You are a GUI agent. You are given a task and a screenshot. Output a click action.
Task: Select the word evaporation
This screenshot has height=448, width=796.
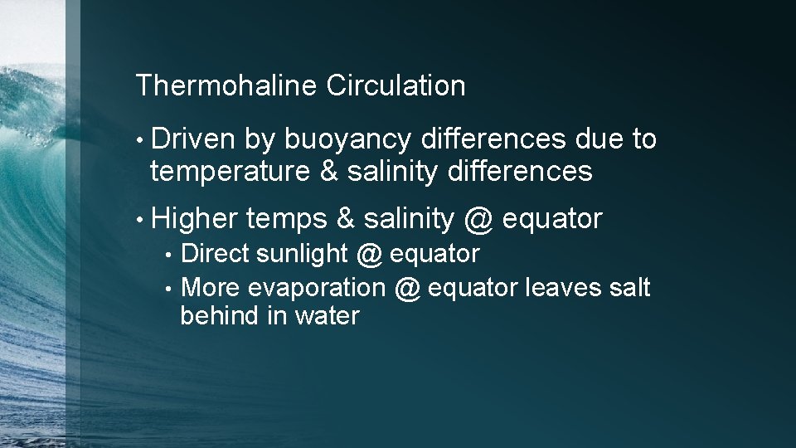(317, 288)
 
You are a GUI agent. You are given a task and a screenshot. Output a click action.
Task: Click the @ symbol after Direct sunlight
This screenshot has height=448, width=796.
(371, 254)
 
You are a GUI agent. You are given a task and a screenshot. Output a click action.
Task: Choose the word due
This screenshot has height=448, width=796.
(598, 139)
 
